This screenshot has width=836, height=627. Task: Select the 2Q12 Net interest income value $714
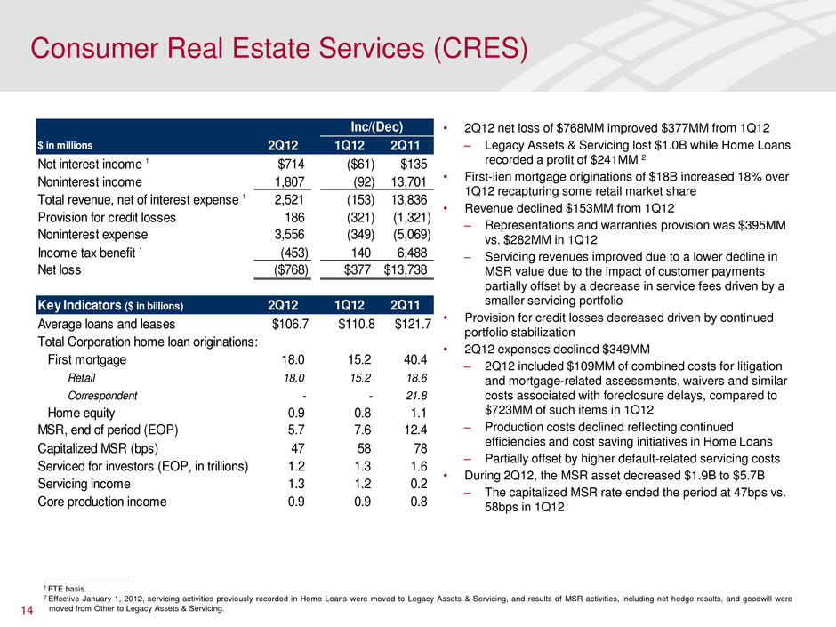pos(293,164)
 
